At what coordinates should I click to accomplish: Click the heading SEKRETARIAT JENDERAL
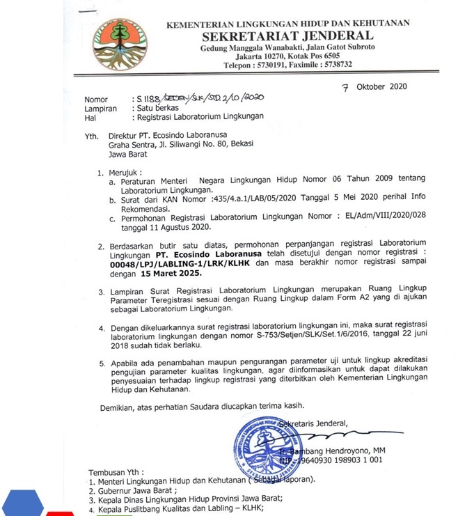[287, 36]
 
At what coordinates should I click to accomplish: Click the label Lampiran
[101, 109]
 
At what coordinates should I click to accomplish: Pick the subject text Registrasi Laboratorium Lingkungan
[200, 117]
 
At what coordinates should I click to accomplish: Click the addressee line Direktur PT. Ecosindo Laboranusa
[168, 135]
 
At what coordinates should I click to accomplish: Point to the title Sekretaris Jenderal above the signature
[313, 423]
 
